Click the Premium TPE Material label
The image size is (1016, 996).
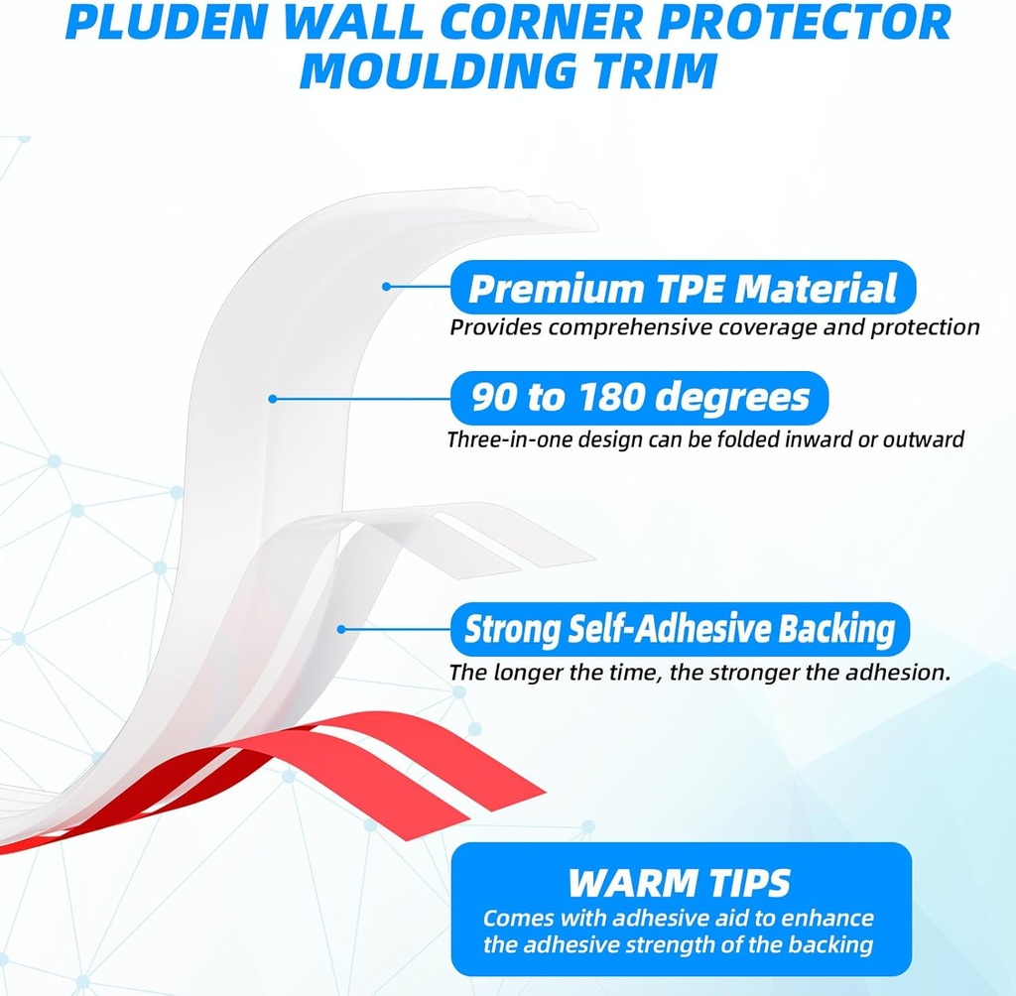682,289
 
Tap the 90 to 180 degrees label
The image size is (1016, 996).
640,398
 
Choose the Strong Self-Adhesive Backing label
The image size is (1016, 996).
680,629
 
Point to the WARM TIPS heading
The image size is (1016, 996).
680,882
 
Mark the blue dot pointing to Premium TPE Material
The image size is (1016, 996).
387,288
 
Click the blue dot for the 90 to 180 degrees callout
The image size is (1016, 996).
271,399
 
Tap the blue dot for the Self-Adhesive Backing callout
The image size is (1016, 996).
341,629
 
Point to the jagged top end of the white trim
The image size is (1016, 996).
566,210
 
